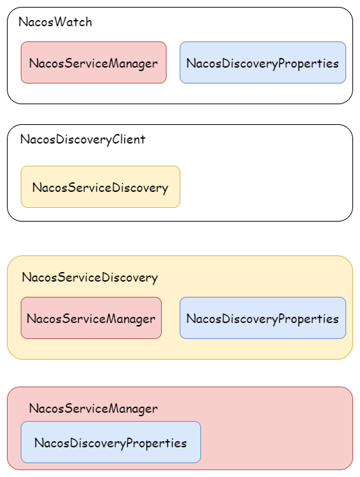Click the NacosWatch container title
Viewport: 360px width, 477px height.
tap(55, 22)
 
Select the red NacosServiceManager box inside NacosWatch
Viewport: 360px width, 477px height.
tap(93, 63)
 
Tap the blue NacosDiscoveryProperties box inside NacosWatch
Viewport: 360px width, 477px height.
tap(263, 63)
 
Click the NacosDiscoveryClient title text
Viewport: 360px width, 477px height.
tap(83, 139)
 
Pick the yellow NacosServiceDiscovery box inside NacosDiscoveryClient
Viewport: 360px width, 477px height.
tap(100, 187)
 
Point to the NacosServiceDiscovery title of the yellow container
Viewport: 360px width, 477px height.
tap(90, 278)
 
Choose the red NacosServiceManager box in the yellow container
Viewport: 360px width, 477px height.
tap(91, 318)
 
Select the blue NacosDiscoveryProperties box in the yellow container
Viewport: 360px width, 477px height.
tap(263, 318)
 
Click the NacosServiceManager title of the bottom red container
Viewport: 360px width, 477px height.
tap(93, 409)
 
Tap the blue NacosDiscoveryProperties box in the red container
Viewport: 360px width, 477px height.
tap(111, 442)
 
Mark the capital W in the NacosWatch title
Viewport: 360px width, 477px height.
tap(58, 22)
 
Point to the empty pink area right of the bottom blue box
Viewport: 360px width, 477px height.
tap(276, 442)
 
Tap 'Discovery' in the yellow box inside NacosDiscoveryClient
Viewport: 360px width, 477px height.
tap(142, 188)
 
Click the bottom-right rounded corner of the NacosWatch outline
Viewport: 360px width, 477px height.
tap(348, 99)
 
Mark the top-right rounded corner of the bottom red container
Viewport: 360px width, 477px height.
tap(348, 391)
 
